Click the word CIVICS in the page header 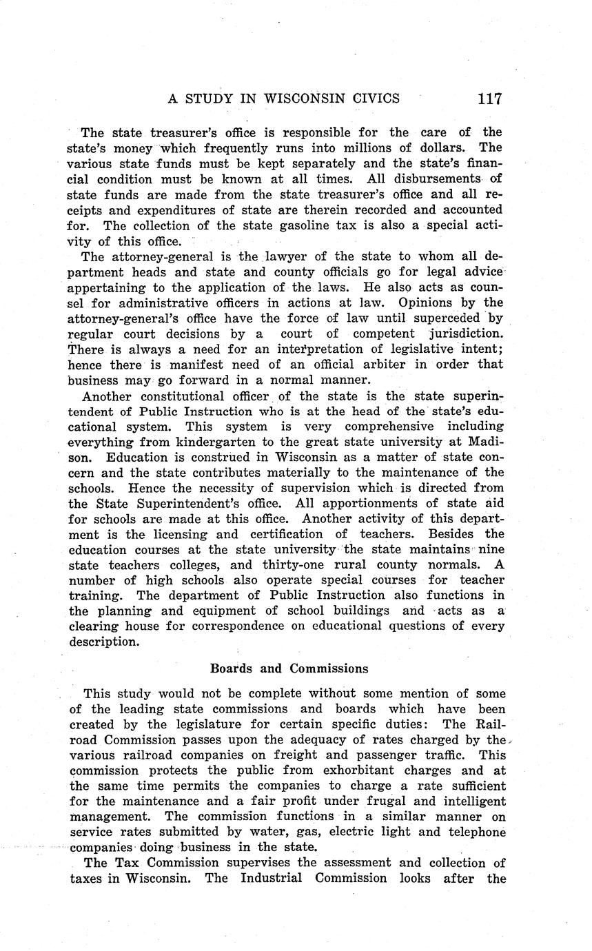point(375,98)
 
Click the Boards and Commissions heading point(289,668)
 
